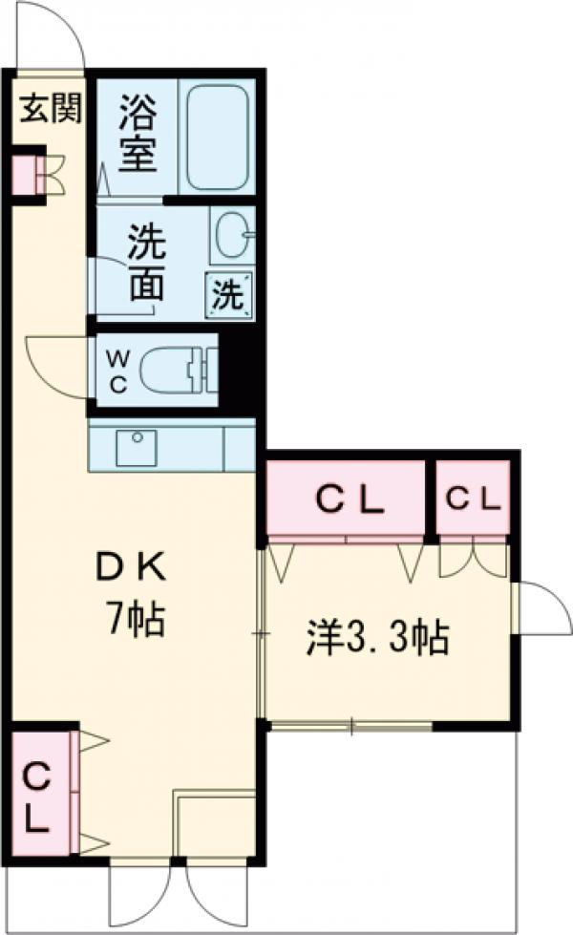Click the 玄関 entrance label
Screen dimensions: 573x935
(x=51, y=109)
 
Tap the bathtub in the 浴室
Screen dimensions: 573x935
(x=217, y=137)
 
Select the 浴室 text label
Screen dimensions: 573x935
(x=138, y=133)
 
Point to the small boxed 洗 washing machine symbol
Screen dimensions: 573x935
(x=229, y=294)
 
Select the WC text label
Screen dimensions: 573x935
(x=118, y=372)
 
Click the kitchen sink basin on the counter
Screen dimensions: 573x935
(x=136, y=447)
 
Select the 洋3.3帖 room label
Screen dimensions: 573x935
(x=377, y=638)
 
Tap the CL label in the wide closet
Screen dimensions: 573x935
(x=349, y=499)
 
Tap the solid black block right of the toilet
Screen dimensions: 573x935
(x=237, y=371)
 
